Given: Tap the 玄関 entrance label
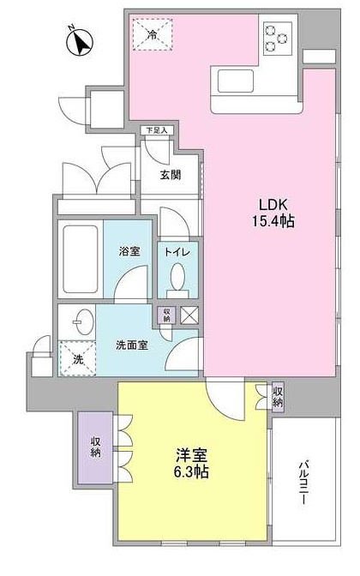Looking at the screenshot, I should (171, 175).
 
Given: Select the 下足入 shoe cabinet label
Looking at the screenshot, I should (158, 130).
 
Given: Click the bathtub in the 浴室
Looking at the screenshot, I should (81, 249).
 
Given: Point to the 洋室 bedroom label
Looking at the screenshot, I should (190, 454).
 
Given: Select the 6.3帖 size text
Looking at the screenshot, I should (190, 471).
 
